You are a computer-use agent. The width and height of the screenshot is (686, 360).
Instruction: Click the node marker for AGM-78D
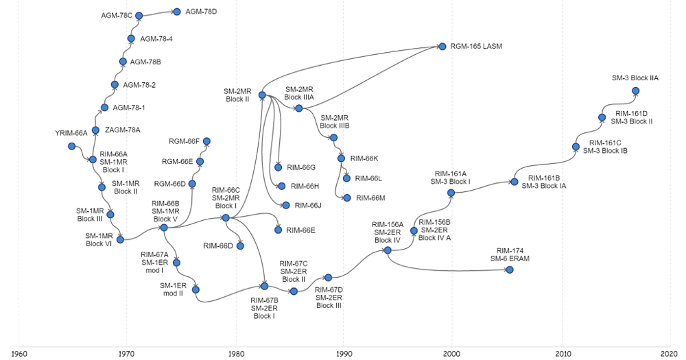click(x=177, y=12)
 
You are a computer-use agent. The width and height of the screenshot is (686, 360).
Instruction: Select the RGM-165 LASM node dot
click(x=442, y=47)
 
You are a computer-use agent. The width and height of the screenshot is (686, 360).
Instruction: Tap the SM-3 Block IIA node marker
click(x=635, y=91)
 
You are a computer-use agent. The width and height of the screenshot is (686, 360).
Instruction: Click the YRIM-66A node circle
click(x=71, y=146)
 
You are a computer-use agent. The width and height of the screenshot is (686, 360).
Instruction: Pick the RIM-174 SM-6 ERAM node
click(x=510, y=269)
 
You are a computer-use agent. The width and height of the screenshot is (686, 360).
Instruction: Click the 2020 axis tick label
click(x=670, y=354)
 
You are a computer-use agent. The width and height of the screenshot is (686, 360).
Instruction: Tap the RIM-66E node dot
click(x=278, y=230)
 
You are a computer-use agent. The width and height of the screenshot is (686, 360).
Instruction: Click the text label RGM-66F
click(x=184, y=141)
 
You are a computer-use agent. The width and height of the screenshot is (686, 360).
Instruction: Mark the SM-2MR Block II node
click(x=262, y=95)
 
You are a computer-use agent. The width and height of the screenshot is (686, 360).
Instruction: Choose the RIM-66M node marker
click(x=347, y=198)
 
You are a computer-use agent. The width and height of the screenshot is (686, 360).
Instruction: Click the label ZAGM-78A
click(x=122, y=130)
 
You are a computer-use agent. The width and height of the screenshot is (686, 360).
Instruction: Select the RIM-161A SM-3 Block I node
click(x=451, y=193)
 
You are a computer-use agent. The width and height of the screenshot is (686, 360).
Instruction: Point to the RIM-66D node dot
click(x=240, y=245)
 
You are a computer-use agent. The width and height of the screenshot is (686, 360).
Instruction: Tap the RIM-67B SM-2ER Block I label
click(x=263, y=308)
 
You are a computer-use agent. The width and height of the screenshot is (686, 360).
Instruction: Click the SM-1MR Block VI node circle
click(x=121, y=239)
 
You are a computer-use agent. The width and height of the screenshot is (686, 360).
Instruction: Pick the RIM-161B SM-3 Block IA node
click(x=514, y=182)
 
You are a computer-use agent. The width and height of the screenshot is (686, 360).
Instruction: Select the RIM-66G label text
click(x=300, y=167)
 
